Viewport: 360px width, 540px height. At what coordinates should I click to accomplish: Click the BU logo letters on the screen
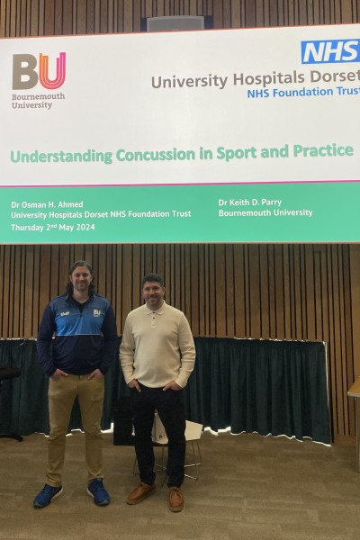(39, 70)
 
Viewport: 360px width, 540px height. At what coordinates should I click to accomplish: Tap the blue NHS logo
(330, 51)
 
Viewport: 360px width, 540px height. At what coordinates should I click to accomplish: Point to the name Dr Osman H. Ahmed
(47, 204)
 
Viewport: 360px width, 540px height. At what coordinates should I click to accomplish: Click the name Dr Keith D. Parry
(250, 202)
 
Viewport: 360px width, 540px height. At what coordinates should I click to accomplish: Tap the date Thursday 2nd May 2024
(53, 228)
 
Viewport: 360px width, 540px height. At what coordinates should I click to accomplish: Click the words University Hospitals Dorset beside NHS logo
(255, 79)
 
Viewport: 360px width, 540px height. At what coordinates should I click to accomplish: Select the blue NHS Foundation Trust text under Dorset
(303, 93)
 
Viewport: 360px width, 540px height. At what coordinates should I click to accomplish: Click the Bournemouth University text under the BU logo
(38, 101)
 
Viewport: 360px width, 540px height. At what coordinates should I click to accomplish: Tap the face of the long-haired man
(81, 279)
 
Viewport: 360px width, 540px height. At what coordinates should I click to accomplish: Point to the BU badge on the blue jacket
(97, 313)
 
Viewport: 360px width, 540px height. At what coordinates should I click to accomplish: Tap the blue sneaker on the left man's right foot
(48, 495)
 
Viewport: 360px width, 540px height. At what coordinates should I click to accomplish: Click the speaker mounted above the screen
(175, 23)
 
